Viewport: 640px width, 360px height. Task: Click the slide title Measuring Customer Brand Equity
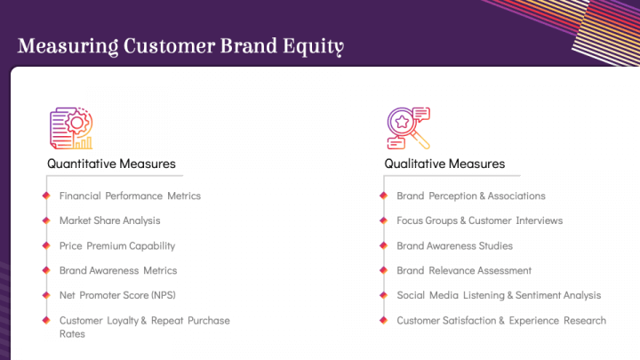pyautogui.click(x=180, y=45)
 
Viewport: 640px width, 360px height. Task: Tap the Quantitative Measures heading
pyautogui.click(x=111, y=164)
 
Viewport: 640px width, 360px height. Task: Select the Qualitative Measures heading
pyautogui.click(x=444, y=164)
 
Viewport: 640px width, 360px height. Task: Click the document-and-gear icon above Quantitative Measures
pyautogui.click(x=71, y=128)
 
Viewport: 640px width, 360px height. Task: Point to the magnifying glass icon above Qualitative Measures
pyautogui.click(x=408, y=128)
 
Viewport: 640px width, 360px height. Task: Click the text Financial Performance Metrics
pyautogui.click(x=130, y=196)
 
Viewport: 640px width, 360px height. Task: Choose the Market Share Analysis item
pyautogui.click(x=109, y=220)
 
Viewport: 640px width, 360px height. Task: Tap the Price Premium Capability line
pyautogui.click(x=116, y=245)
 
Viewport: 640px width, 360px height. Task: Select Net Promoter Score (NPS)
pyautogui.click(x=117, y=295)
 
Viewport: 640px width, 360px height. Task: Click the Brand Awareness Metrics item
pyautogui.click(x=117, y=270)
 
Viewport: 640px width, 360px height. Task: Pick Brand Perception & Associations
pyautogui.click(x=470, y=196)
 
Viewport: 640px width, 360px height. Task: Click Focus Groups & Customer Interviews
pyautogui.click(x=479, y=220)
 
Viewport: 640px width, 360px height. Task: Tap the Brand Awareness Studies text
pyautogui.click(x=454, y=245)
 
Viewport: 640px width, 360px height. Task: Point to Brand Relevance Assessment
pyautogui.click(x=463, y=270)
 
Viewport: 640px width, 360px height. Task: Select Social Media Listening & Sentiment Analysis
pyautogui.click(x=498, y=295)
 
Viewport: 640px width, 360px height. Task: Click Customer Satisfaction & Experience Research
pyautogui.click(x=500, y=320)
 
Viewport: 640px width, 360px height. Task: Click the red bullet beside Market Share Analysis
pyautogui.click(x=44, y=220)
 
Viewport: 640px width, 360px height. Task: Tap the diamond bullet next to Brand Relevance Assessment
pyautogui.click(x=382, y=270)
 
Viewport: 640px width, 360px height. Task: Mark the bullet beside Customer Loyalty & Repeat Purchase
pyautogui.click(x=44, y=320)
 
